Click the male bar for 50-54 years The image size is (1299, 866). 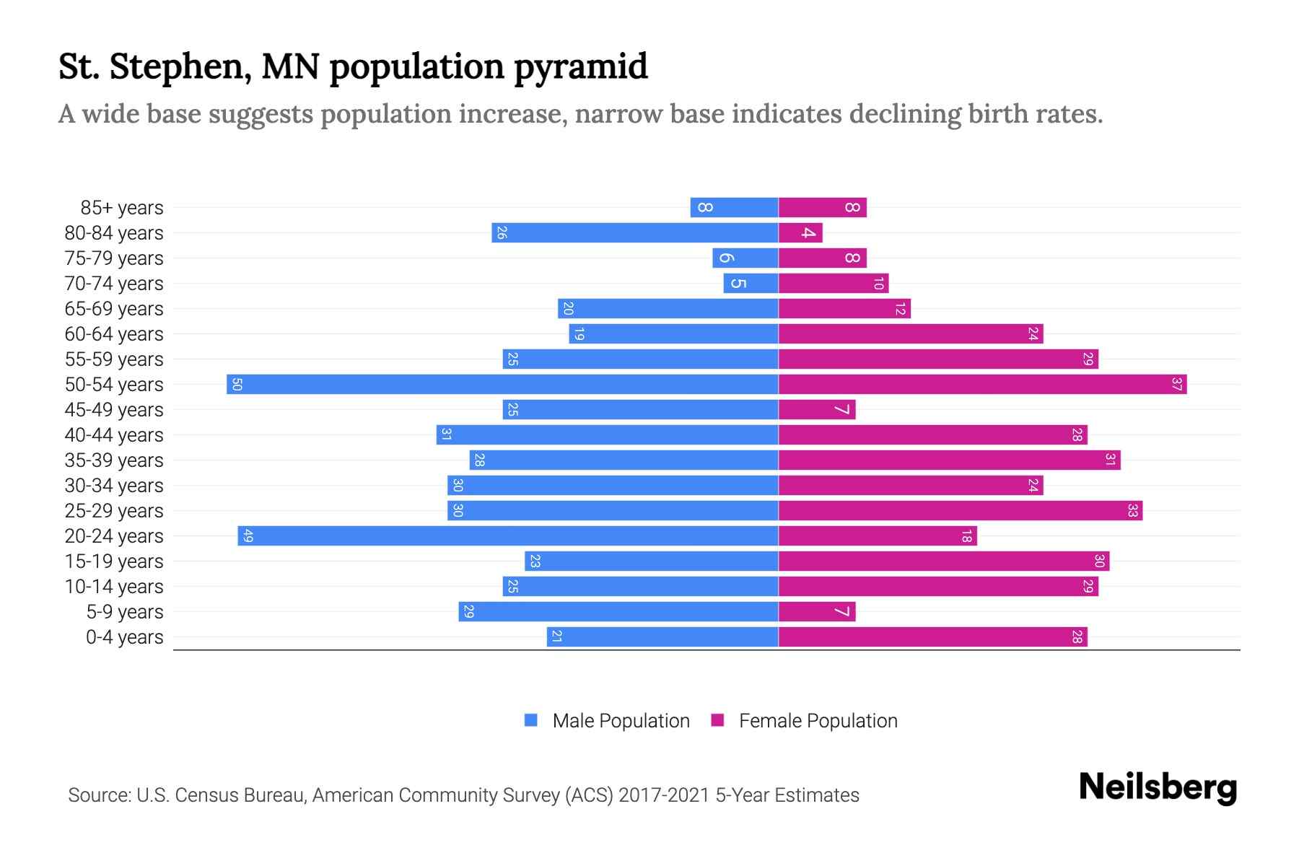pos(502,384)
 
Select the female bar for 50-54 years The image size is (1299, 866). pos(982,384)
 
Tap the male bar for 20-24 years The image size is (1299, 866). pos(508,535)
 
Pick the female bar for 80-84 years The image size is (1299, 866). pos(800,232)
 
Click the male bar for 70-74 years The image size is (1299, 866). pos(751,283)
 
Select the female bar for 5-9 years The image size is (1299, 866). pos(817,611)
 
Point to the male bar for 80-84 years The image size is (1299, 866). pos(635,232)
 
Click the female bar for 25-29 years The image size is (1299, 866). pos(960,510)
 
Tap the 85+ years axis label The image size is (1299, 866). pos(122,208)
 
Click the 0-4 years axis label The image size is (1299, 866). pos(124,637)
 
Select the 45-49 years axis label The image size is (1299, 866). pos(114,410)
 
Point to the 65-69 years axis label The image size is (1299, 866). pos(114,309)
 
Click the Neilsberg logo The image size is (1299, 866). pos(1158,787)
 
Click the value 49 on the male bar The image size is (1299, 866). pos(248,535)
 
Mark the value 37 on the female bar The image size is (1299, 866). pos(1176,384)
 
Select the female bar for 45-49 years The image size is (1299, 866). pos(817,409)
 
